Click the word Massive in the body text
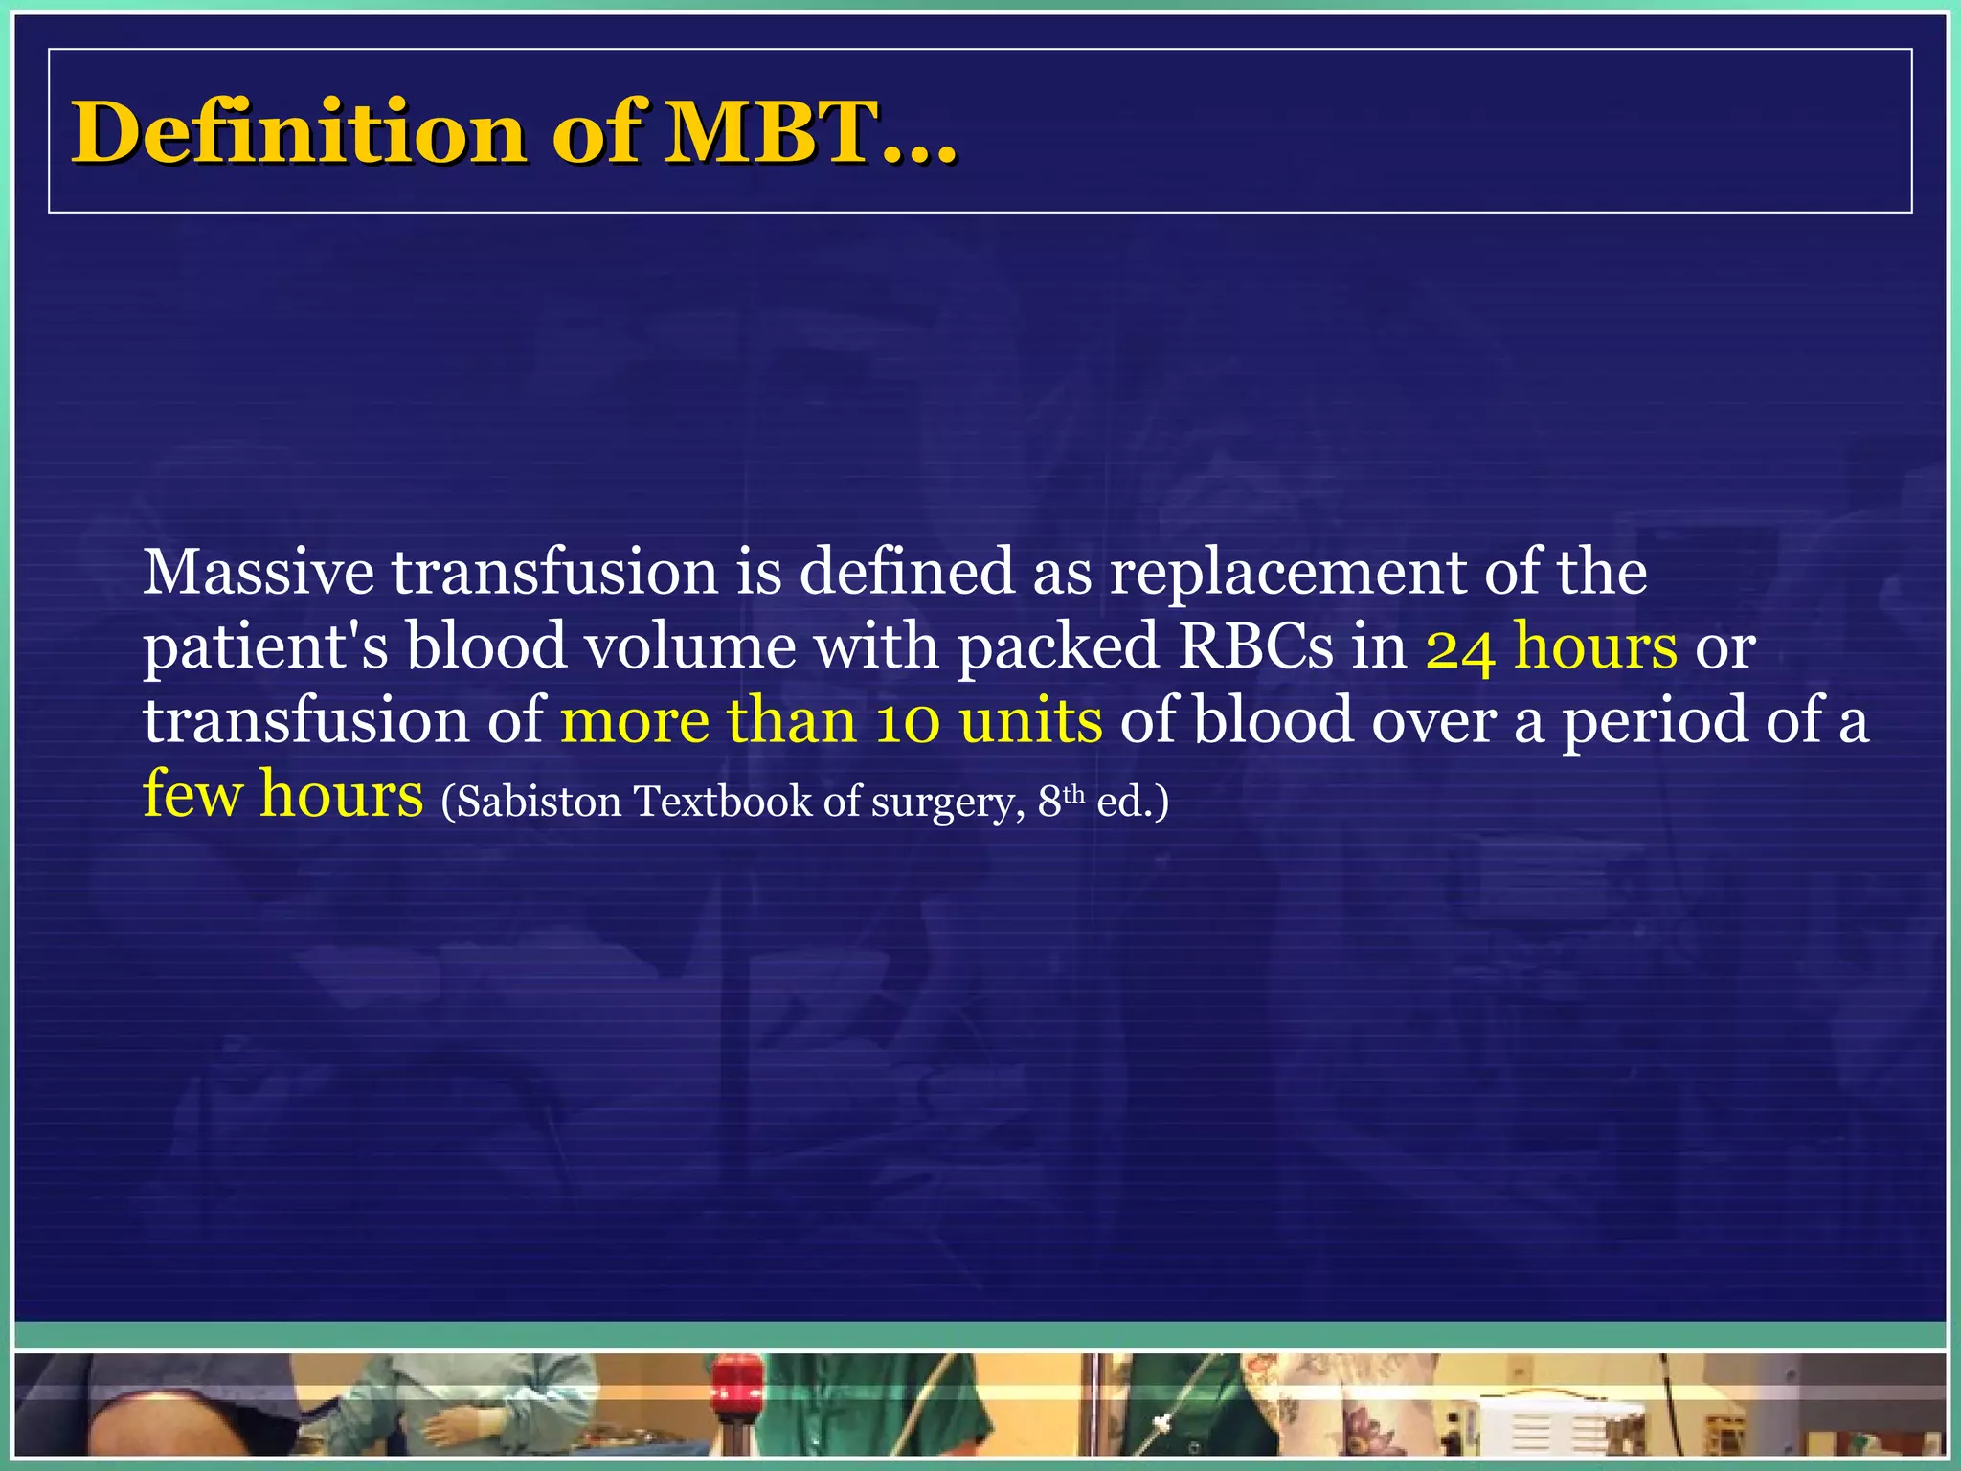click(x=258, y=572)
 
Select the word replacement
click(x=1287, y=574)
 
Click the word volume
click(x=689, y=645)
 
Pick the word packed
click(x=1058, y=645)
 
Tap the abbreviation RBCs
click(x=1255, y=645)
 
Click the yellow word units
click(x=1030, y=720)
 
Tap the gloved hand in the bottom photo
click(x=461, y=1427)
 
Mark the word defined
click(x=906, y=572)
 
